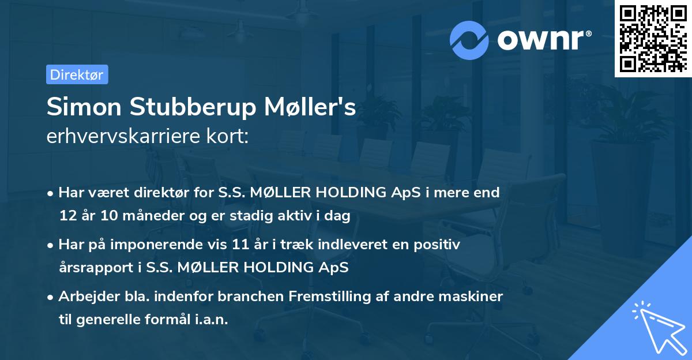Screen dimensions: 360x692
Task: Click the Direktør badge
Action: pyautogui.click(x=77, y=74)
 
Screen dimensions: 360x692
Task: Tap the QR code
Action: pyautogui.click(x=653, y=39)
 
